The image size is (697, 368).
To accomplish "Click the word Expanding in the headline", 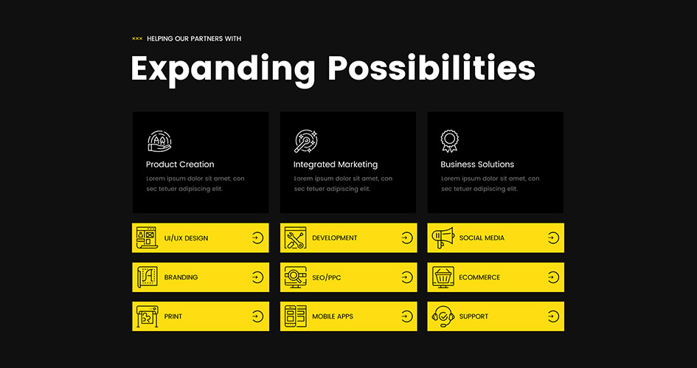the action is coord(223,69).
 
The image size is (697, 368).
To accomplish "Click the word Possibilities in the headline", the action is coord(431,68).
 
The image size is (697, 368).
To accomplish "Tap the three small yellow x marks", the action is coord(137,38).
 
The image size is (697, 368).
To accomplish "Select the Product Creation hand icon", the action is coord(159,142).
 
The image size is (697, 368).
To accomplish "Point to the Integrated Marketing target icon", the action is coord(306,142).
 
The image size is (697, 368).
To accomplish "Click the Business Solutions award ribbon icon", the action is coord(449,141).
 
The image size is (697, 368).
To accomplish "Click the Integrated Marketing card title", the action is coord(336,164).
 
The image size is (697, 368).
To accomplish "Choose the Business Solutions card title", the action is coord(477,164).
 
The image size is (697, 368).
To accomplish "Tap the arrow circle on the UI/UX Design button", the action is coord(257,237).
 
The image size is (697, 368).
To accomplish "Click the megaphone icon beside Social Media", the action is coord(443,237).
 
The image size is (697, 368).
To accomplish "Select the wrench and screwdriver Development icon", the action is coord(295,237).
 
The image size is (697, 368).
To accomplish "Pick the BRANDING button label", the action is coord(181,277).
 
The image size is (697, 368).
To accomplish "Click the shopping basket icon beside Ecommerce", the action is coord(443,277).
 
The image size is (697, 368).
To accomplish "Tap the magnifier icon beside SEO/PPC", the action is coord(295,277).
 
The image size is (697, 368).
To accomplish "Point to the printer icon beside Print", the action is coord(147,316).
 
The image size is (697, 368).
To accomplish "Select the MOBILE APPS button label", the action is coord(333,316).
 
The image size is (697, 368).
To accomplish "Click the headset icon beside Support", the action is coord(443,316).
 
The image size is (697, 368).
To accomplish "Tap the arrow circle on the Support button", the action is coord(553,316).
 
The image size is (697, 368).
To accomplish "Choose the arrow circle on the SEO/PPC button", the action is coord(406,277).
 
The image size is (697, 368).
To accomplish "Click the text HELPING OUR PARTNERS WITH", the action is coord(194,38).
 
